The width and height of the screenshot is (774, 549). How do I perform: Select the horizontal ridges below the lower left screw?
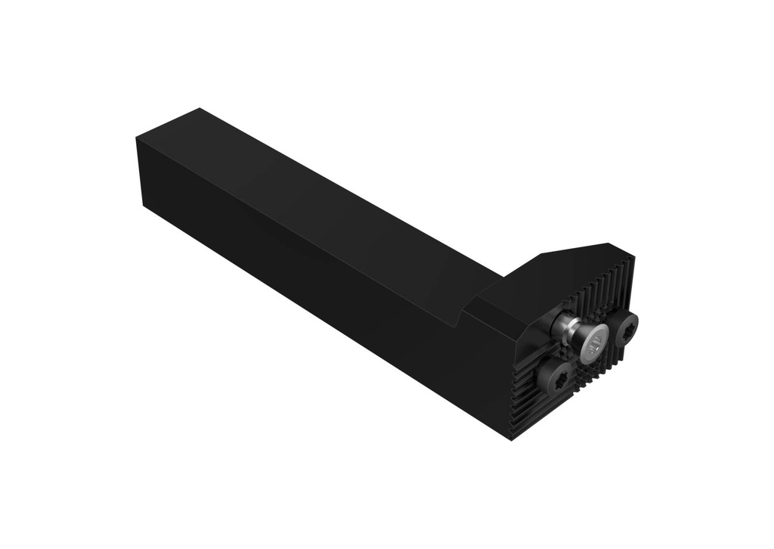tap(529, 408)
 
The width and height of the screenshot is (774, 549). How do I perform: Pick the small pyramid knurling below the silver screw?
tap(597, 372)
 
